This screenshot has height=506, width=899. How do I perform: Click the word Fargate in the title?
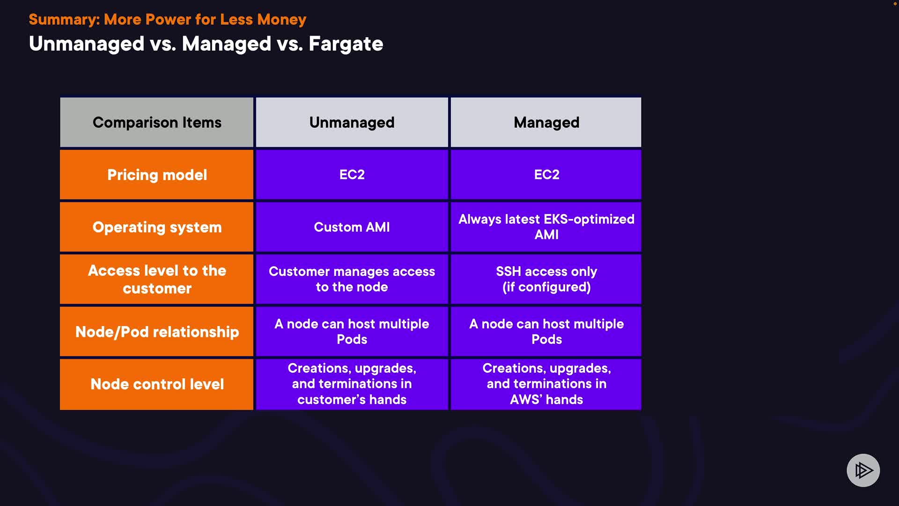[x=346, y=44]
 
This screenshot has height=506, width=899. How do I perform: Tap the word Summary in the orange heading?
[x=64, y=20]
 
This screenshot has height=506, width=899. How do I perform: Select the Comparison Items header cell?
[x=157, y=123]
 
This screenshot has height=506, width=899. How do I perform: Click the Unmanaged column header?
[x=352, y=123]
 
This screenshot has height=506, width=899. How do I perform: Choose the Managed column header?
[x=546, y=123]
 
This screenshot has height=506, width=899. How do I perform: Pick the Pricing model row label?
[x=157, y=175]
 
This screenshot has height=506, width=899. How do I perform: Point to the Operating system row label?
[x=157, y=227]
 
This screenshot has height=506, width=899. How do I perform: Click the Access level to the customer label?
[x=157, y=279]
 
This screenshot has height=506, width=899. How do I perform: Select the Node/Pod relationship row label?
[x=157, y=332]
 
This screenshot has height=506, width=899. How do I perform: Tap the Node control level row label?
[x=157, y=384]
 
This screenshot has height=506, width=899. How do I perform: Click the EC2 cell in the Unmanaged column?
[x=352, y=175]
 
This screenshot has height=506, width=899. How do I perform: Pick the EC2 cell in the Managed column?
[x=546, y=175]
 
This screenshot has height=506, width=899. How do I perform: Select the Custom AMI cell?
[x=352, y=227]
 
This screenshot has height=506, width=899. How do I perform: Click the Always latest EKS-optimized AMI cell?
[x=546, y=227]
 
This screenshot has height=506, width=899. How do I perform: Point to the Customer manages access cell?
[x=352, y=279]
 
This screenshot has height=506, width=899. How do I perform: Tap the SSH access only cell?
[x=546, y=279]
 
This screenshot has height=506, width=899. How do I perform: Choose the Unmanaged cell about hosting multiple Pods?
[x=352, y=332]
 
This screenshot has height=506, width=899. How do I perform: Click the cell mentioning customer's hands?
[x=352, y=384]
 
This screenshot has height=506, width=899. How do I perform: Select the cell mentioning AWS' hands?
[x=546, y=384]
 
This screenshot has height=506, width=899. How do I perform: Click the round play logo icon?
[x=863, y=470]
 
